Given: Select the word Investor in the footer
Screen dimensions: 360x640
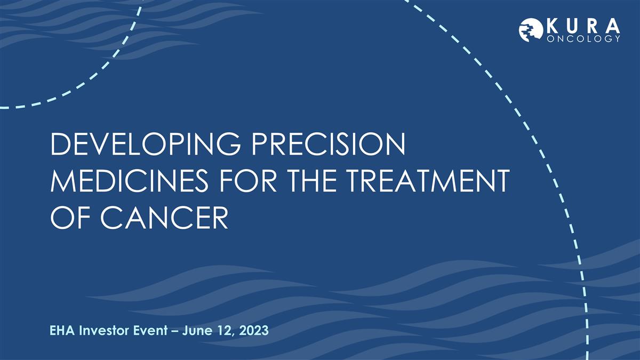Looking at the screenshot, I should point(101,331).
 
